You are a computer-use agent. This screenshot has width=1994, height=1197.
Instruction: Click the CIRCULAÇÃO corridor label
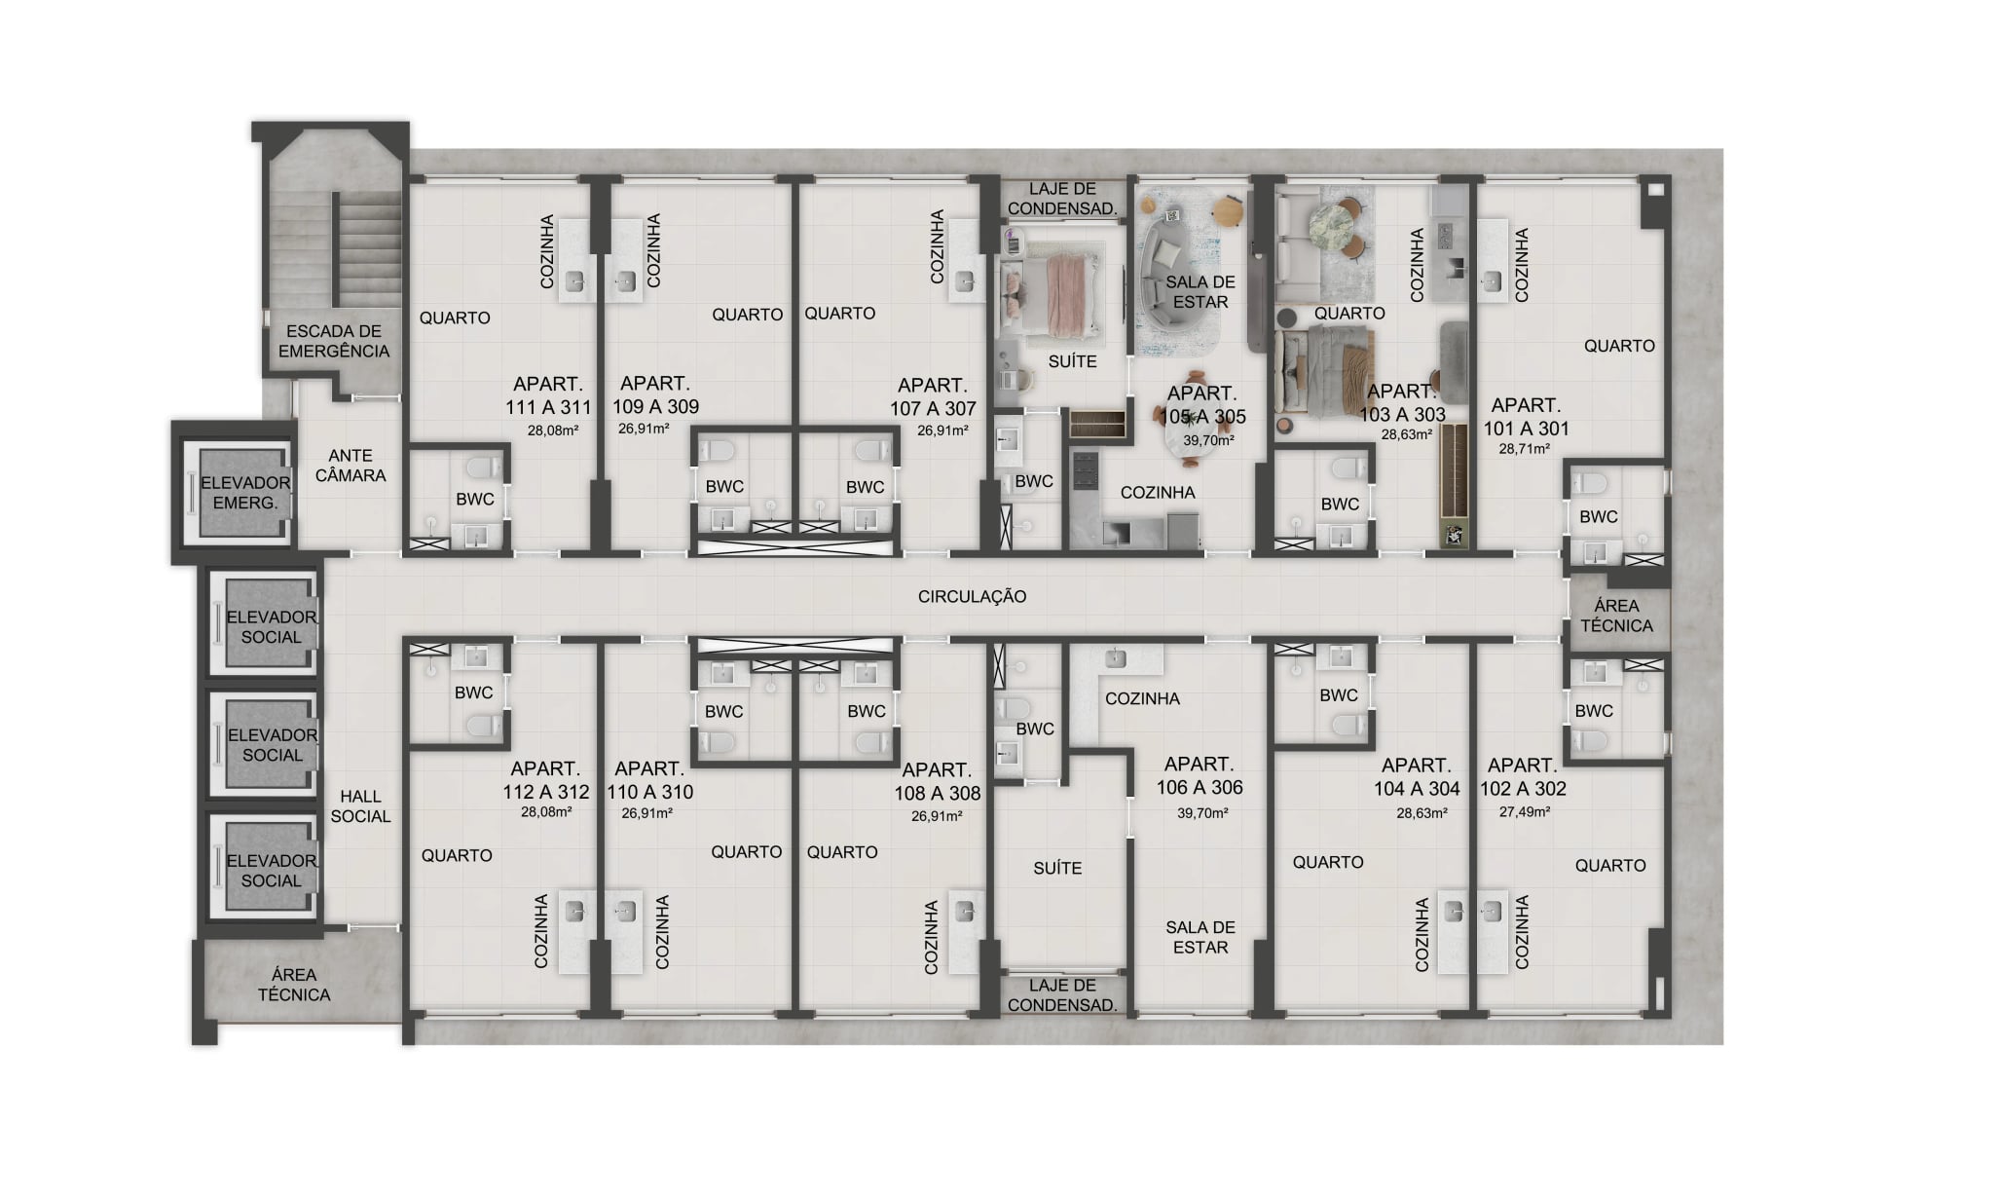[x=972, y=596]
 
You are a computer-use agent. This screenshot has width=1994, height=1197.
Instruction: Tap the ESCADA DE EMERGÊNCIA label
[x=334, y=341]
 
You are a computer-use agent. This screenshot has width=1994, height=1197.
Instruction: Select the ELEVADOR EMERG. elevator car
[x=240, y=492]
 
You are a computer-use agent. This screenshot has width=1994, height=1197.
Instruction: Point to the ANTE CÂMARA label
[x=351, y=466]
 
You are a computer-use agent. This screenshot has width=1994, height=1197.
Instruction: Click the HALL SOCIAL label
[x=360, y=806]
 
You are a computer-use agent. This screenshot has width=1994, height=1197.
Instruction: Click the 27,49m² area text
[x=1525, y=811]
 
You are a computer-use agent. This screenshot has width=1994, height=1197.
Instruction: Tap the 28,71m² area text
[x=1524, y=449]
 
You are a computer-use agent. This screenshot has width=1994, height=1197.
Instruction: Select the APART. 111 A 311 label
[x=548, y=395]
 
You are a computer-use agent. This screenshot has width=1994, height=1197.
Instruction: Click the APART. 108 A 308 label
[x=937, y=781]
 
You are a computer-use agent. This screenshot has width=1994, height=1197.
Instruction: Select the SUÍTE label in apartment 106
[x=1057, y=868]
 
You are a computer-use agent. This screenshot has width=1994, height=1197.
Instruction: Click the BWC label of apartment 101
[x=1598, y=516]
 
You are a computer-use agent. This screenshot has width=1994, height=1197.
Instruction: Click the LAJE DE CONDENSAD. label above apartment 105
[x=1062, y=199]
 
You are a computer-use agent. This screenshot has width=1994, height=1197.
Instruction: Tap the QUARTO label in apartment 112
[x=457, y=855]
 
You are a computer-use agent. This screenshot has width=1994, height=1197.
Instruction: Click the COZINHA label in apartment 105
[x=1158, y=493]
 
